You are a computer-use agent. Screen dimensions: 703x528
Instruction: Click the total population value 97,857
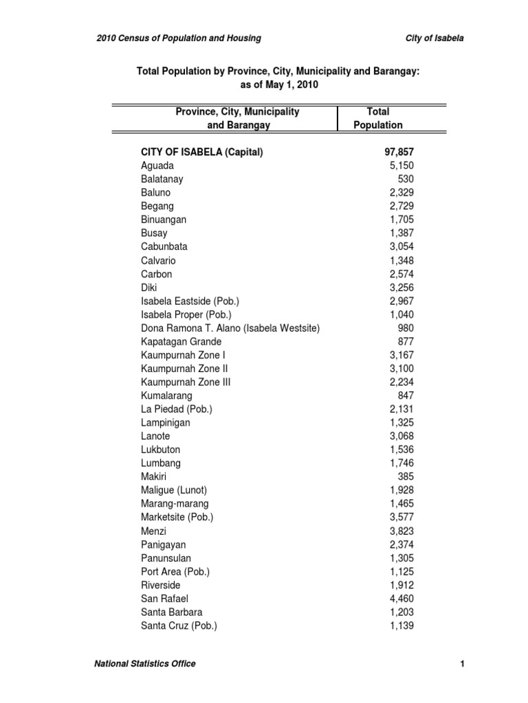click(x=399, y=152)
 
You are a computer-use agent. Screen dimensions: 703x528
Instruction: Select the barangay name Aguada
click(x=157, y=165)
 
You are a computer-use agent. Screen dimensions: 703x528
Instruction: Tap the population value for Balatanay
click(x=405, y=179)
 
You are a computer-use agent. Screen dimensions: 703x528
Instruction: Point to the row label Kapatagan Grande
click(x=181, y=341)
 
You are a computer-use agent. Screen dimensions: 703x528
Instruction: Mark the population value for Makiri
click(x=405, y=476)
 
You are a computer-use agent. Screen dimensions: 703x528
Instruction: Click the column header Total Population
click(x=377, y=118)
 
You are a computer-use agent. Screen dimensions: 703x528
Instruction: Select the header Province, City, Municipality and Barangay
click(x=237, y=118)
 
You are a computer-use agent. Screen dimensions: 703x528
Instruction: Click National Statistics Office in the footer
click(x=145, y=663)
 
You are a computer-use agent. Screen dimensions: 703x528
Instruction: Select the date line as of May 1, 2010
click(x=278, y=84)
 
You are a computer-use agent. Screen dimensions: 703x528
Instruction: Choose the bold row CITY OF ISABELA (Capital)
click(x=202, y=152)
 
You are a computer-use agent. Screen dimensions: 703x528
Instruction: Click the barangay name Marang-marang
click(x=175, y=504)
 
